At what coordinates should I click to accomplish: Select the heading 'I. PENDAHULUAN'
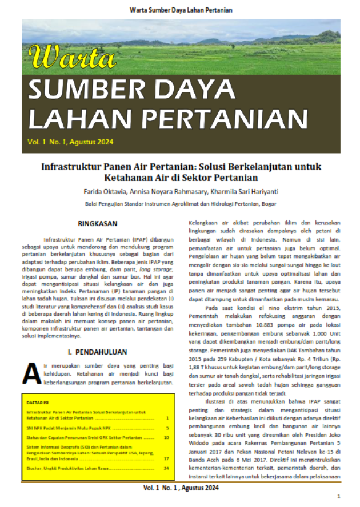click(x=97, y=352)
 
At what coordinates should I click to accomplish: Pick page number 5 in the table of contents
click(x=166, y=427)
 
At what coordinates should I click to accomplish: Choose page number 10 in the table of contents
click(x=166, y=437)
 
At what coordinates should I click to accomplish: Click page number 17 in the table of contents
click(x=166, y=458)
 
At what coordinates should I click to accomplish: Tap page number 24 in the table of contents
click(x=166, y=468)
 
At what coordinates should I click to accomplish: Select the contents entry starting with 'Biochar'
click(x=69, y=468)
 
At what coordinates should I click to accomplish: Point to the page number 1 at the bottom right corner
click(x=339, y=497)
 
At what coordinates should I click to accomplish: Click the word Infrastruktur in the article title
click(x=71, y=167)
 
